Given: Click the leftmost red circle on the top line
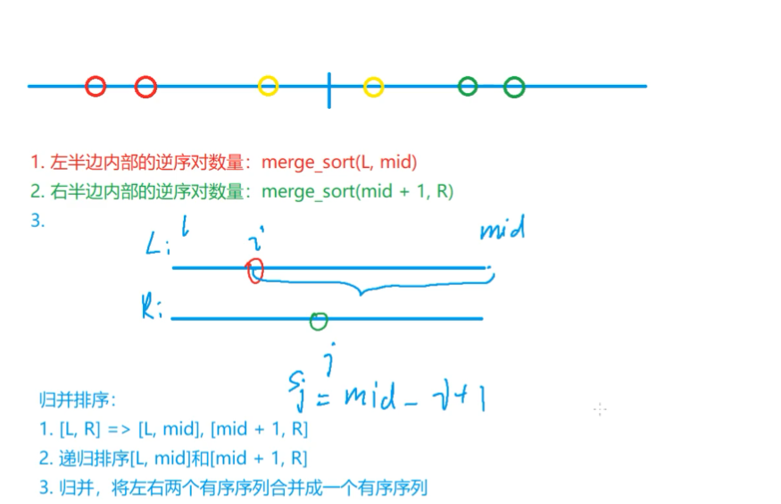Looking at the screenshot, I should (96, 87).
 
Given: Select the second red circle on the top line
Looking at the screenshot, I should (145, 87).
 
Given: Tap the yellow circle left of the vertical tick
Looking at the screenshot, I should (268, 86).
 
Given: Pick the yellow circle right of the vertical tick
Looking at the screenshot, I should (373, 87).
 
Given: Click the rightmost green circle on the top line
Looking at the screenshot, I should (513, 87).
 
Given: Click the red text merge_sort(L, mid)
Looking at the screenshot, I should (339, 163).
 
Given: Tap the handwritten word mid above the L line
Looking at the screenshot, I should (503, 231).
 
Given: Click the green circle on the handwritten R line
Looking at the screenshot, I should (319, 320).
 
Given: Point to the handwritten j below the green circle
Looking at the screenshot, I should (329, 359).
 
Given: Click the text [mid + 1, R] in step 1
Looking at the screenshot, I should (259, 429).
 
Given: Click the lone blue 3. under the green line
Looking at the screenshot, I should (37, 220).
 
